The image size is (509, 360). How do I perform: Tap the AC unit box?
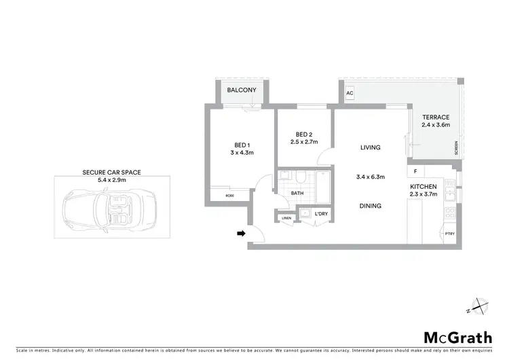pyautogui.click(x=350, y=93)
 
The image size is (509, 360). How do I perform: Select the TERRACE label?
pyautogui.click(x=435, y=117)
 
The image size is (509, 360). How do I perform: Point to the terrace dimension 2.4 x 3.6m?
pyautogui.click(x=435, y=125)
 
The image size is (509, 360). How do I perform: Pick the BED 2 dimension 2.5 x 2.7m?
pyautogui.click(x=303, y=142)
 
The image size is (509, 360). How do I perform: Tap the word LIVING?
pyautogui.click(x=370, y=147)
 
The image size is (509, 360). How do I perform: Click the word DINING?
pyautogui.click(x=370, y=206)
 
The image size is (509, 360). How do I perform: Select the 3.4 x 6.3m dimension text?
pyautogui.click(x=370, y=177)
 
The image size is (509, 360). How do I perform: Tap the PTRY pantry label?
pyautogui.click(x=449, y=234)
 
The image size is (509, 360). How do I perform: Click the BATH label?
pyautogui.click(x=297, y=194)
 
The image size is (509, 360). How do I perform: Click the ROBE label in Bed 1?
pyautogui.click(x=231, y=196)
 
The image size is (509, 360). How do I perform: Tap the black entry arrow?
pyautogui.click(x=240, y=234)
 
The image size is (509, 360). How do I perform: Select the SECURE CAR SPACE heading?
pyautogui.click(x=111, y=173)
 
